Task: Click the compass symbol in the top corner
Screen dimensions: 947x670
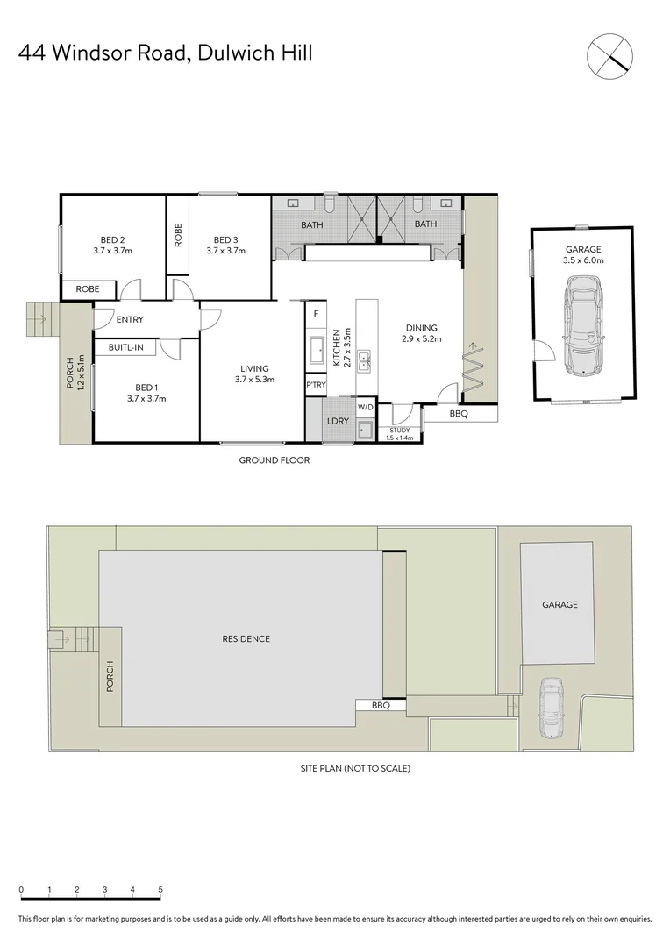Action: tap(609, 53)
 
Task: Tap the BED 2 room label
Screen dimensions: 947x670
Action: tap(112, 245)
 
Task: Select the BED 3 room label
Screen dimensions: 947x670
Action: tap(225, 245)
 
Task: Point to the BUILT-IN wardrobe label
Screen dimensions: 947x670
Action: tap(125, 348)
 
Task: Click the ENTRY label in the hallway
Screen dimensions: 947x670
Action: tap(129, 320)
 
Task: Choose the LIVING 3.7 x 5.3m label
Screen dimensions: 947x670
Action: tap(255, 374)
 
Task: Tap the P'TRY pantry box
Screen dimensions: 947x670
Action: tap(314, 385)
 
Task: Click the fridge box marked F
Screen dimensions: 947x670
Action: tap(315, 313)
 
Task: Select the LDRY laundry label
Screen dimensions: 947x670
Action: tap(338, 422)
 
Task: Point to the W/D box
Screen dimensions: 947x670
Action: tap(365, 408)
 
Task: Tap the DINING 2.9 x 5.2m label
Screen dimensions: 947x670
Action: tap(422, 333)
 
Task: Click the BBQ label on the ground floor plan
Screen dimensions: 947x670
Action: tap(458, 413)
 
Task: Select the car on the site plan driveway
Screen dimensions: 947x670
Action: tap(550, 708)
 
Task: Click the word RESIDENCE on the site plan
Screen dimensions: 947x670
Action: tap(246, 639)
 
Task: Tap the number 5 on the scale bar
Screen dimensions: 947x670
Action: tap(160, 889)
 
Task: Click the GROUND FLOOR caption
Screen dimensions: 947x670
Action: tap(274, 460)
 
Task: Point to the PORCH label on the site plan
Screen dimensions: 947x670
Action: tap(110, 677)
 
